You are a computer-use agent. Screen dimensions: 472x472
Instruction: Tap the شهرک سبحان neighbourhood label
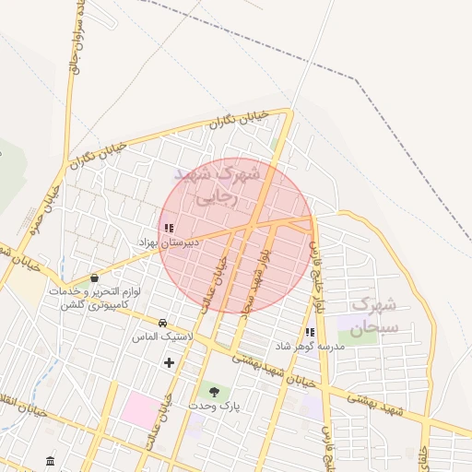click(374, 314)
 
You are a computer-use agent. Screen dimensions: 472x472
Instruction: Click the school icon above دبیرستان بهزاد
click(168, 228)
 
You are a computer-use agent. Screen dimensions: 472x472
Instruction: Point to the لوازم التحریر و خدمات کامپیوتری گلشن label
click(95, 298)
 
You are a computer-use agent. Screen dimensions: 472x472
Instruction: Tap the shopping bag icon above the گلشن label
click(94, 277)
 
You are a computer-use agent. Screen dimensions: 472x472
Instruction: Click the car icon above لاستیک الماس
click(163, 324)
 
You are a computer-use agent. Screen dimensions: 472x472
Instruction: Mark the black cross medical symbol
click(169, 363)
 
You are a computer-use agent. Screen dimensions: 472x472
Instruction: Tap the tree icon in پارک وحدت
click(214, 393)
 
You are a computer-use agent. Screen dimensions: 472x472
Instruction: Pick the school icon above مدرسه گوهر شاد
click(310, 332)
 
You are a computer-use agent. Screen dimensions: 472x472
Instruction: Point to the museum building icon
click(49, 460)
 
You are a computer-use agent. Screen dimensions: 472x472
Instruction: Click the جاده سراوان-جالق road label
click(75, 37)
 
